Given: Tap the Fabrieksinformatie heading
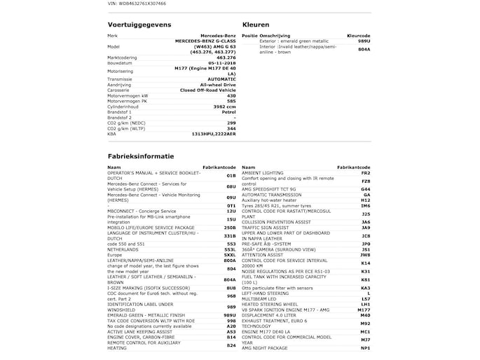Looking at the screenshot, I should [141, 156].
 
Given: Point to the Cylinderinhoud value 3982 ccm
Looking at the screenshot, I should [222, 106].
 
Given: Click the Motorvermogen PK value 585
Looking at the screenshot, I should [231, 101].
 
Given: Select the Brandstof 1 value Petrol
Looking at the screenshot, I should [228, 111].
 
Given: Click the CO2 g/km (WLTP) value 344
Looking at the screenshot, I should [231, 128].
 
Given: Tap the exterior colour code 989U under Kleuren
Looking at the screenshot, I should [364, 41].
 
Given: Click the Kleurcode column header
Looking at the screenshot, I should [359, 35].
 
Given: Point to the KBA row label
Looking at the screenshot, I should [112, 133].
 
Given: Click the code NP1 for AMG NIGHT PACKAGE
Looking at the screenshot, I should [365, 348].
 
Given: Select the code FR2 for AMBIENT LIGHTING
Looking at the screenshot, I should [365, 173].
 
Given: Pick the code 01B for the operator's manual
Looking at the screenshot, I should [231, 176].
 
